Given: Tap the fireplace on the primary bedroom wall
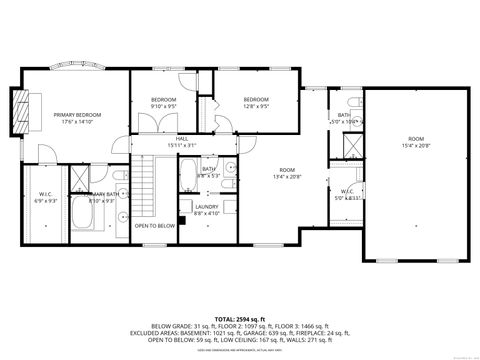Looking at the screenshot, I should tap(26, 117).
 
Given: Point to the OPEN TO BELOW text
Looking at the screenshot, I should tap(155, 226).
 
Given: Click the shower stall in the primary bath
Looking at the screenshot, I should tap(78, 181).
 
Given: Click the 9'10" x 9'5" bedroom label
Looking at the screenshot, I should tap(164, 103).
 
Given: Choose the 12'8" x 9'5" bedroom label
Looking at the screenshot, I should tap(256, 102).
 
